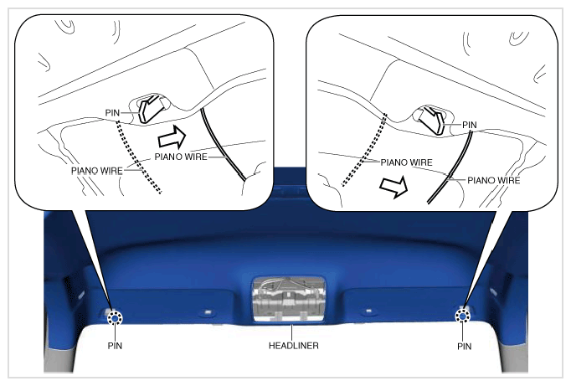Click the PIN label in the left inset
[112, 113]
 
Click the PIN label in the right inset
[470, 125]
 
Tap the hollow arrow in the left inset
[172, 137]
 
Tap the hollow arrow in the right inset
[394, 187]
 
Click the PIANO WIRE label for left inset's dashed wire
[97, 171]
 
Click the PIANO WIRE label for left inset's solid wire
[181, 157]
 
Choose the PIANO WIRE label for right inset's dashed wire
[406, 162]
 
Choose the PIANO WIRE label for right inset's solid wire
[493, 180]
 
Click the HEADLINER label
[294, 346]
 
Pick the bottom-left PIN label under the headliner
[115, 346]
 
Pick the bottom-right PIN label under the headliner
[465, 347]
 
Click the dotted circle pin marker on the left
[115, 318]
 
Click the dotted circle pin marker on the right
[463, 316]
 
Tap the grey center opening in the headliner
[289, 299]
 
